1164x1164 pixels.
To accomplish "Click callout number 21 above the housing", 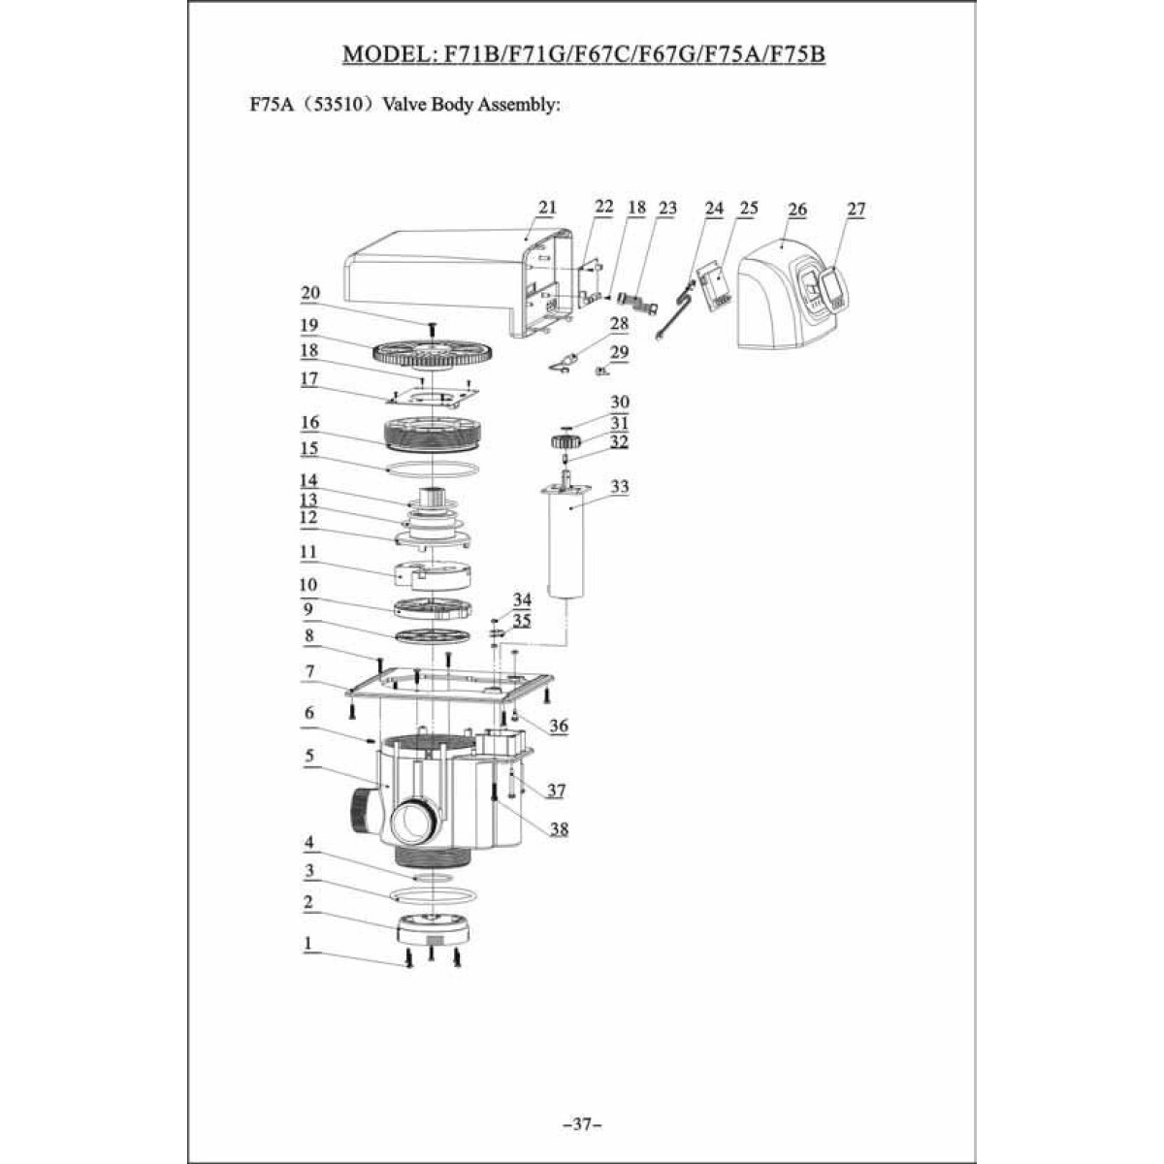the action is (547, 208).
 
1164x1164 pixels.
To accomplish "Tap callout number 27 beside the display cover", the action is (856, 209).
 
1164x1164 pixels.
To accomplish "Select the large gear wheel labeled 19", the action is (434, 355).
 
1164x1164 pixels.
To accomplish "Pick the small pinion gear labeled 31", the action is (566, 441).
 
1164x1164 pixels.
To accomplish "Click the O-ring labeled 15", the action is (433, 469).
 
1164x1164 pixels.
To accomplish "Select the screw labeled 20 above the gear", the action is (432, 329).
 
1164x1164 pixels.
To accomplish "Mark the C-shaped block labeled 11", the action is (433, 575).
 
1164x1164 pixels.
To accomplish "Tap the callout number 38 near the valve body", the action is (560, 828).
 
